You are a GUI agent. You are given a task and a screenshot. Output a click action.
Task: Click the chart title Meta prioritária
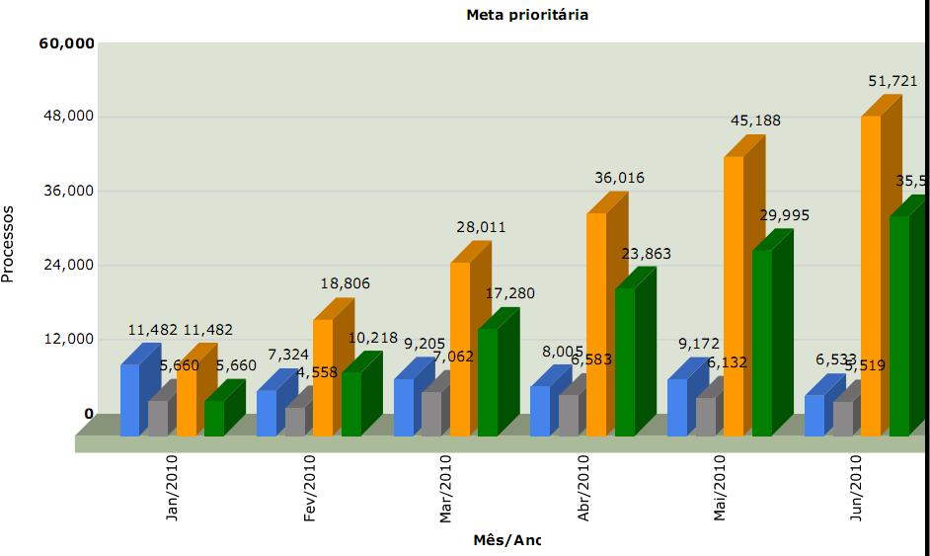coord(527,15)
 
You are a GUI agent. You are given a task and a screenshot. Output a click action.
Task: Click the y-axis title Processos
coord(9,244)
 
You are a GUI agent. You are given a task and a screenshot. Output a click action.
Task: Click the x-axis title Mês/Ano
coord(507,539)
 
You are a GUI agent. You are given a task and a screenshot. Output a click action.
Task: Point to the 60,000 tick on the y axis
coord(67,43)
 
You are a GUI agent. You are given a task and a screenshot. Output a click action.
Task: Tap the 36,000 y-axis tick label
coord(67,191)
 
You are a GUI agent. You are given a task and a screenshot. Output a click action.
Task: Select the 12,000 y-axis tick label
coord(67,339)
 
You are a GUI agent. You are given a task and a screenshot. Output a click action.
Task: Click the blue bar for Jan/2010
coord(130,400)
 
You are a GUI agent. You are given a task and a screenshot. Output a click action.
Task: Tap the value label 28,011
coord(481,227)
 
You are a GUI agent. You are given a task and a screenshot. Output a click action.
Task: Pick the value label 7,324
coord(288,354)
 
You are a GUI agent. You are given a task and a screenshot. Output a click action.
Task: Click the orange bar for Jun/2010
coord(871,276)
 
